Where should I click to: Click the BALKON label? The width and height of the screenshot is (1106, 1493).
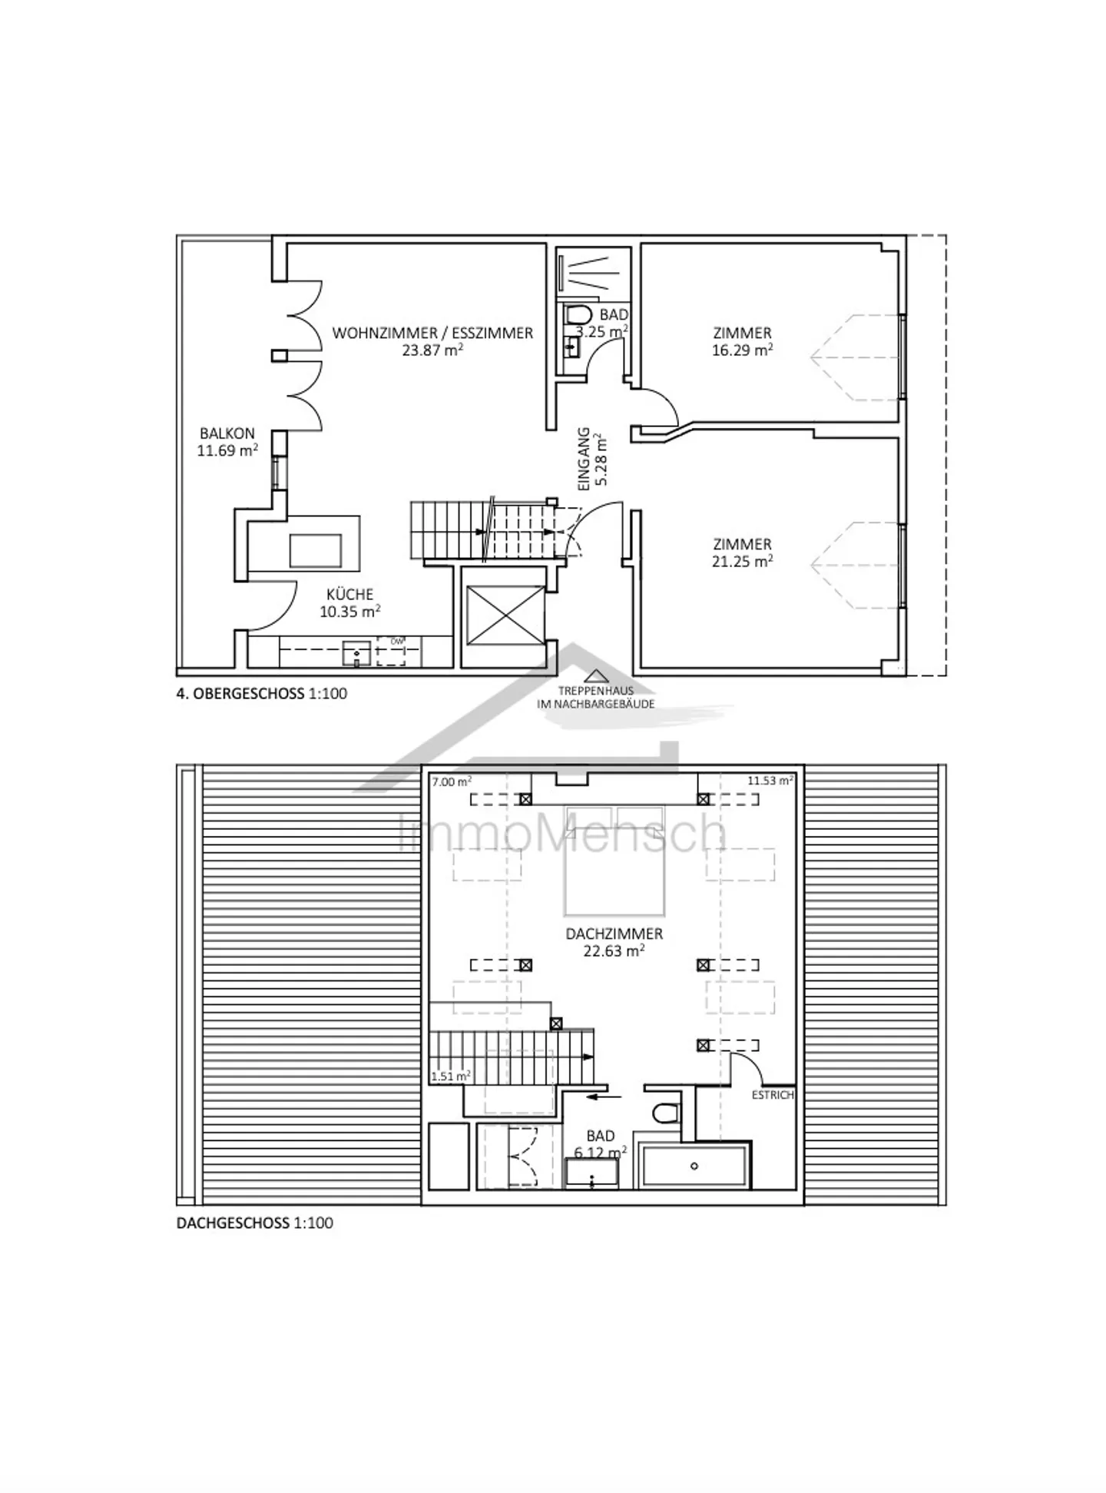coord(227,433)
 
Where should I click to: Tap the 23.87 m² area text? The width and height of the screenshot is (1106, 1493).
coord(432,350)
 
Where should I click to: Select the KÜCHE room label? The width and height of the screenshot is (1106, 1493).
coord(349,594)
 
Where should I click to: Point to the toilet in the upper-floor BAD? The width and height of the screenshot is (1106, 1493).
coord(577,315)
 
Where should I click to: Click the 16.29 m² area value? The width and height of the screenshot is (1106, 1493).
coord(741,350)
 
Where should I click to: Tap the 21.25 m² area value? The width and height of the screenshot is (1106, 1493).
coord(741,561)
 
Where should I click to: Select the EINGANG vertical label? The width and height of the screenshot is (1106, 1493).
coord(584,460)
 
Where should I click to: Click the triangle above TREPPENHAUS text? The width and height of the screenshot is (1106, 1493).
coord(595,676)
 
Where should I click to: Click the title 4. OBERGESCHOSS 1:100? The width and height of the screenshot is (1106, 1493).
coord(262,693)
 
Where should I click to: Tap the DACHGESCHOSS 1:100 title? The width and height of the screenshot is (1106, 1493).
coord(255,1223)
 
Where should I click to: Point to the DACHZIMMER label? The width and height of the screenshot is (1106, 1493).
coord(614,934)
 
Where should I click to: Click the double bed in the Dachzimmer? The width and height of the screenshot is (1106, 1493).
coord(614,861)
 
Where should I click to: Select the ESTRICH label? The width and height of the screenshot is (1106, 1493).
coord(772,1095)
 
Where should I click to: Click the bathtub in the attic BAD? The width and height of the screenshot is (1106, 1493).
coord(694,1166)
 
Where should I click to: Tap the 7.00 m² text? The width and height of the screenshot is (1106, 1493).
coord(451,781)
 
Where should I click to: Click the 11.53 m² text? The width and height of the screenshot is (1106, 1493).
coord(770,781)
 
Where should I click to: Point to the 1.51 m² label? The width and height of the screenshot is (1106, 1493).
coord(450,1076)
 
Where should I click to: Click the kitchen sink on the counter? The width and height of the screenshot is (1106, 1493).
coord(357,654)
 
